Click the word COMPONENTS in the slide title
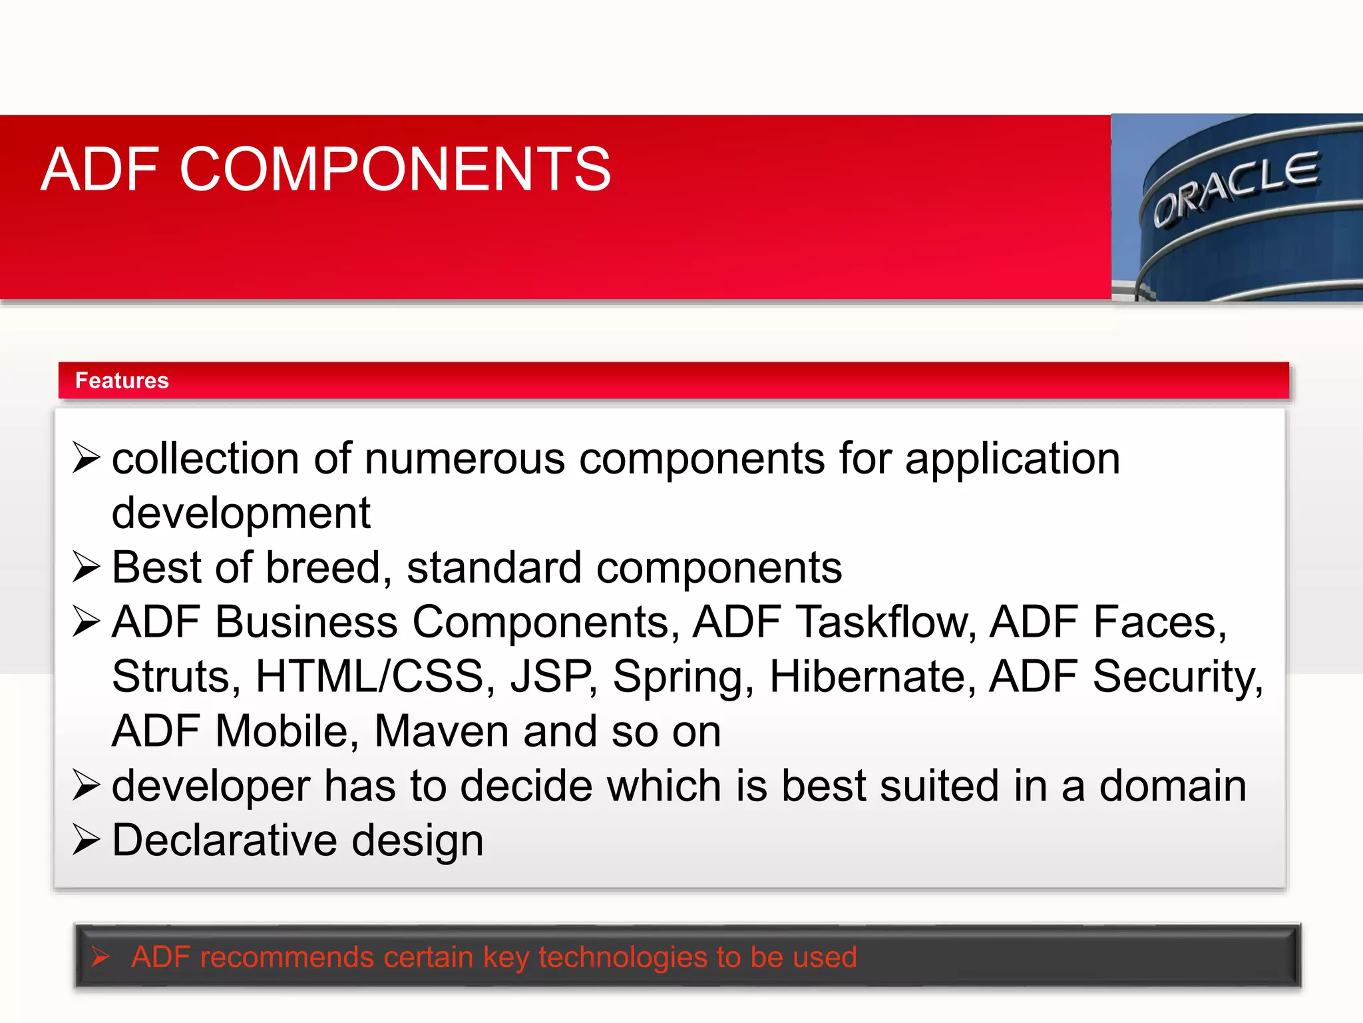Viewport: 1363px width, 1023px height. click(x=395, y=170)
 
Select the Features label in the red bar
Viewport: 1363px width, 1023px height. click(x=122, y=380)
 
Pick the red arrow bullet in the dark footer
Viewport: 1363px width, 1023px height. click(x=100, y=957)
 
